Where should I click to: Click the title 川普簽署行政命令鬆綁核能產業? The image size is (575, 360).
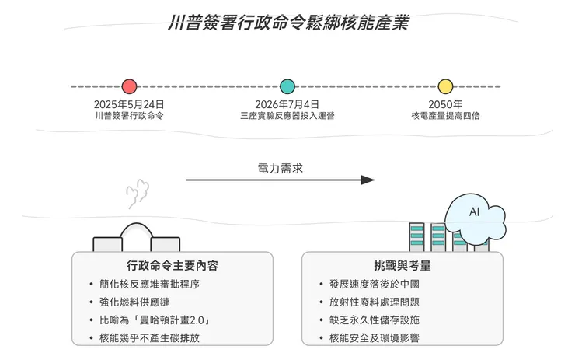click(x=287, y=22)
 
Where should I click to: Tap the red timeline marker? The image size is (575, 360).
click(x=130, y=86)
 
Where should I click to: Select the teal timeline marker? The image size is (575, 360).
click(x=287, y=86)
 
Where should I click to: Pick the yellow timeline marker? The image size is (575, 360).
click(x=445, y=86)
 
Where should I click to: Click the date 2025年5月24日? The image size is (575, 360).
click(x=129, y=104)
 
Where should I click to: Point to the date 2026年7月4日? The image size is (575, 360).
click(x=287, y=104)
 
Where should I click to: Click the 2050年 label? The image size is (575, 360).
click(x=445, y=104)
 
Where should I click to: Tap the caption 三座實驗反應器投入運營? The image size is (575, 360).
click(x=287, y=116)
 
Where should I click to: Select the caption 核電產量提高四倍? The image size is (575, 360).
click(x=445, y=116)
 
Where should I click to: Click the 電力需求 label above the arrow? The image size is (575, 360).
click(x=281, y=167)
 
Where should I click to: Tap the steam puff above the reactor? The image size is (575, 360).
click(x=138, y=191)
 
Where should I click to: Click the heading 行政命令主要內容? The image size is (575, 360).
click(x=172, y=265)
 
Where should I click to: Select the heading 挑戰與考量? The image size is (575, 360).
click(x=402, y=265)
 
